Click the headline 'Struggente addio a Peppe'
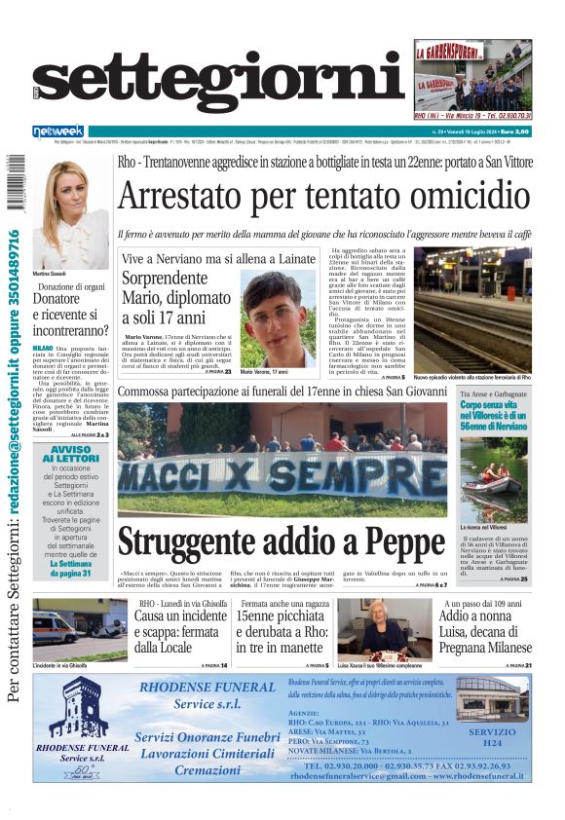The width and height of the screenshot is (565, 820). [282, 541]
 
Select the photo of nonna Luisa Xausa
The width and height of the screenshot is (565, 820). [378, 629]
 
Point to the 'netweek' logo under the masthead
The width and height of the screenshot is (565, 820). [57, 130]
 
